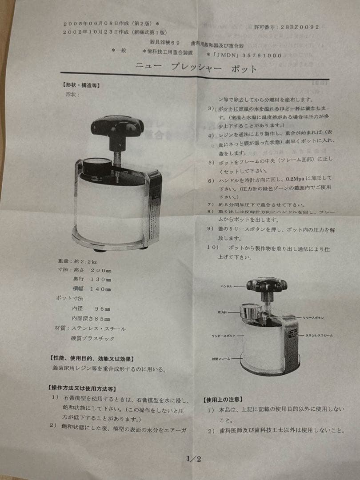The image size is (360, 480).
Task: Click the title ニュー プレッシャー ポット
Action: tap(196, 68)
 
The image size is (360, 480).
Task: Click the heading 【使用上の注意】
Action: tap(223, 399)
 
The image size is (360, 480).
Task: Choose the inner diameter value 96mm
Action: tap(103, 308)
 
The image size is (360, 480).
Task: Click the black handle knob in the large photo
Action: tap(117, 126)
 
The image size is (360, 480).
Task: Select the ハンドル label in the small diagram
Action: tap(226, 287)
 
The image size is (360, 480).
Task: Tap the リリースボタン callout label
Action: tap(316, 318)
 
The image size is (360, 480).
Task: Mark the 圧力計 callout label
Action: tap(224, 312)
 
